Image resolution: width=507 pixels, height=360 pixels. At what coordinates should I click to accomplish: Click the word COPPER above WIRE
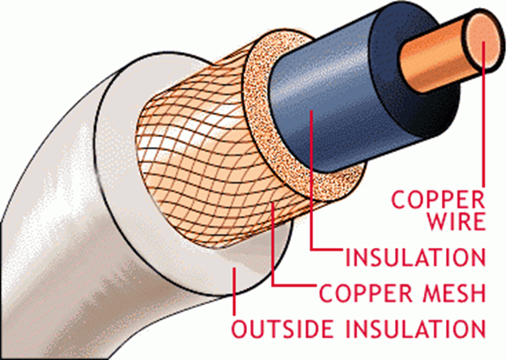(438, 199)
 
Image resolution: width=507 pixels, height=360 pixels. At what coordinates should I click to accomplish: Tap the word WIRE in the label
(457, 221)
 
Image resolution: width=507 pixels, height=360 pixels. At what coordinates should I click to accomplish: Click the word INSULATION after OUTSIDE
(416, 329)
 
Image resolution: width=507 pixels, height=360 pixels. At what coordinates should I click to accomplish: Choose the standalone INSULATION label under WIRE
(416, 257)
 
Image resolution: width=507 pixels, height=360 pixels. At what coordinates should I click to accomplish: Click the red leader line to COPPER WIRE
(484, 115)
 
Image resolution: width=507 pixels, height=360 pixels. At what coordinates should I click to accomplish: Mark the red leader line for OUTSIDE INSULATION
(234, 291)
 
